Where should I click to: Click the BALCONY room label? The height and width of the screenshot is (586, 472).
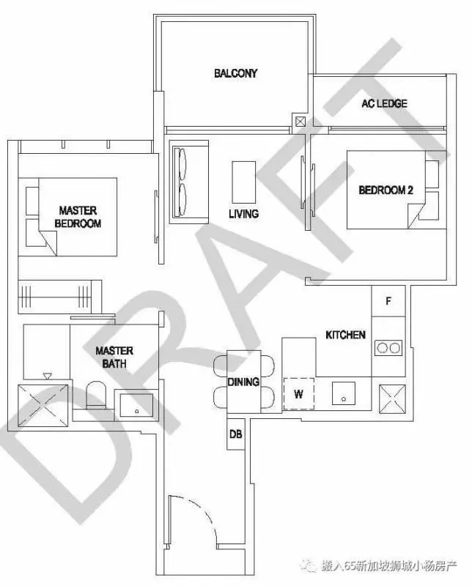pos(235,73)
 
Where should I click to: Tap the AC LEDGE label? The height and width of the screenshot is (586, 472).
pos(384,103)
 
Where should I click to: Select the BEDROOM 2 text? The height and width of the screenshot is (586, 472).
pos(386,190)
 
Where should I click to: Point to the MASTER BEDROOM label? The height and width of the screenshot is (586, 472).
pos(78,217)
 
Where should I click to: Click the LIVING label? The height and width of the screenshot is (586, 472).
pos(243,214)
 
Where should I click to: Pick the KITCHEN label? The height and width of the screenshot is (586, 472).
pos(345,335)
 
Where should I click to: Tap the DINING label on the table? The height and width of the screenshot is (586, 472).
pos(243,382)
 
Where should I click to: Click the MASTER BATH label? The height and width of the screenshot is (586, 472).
pos(114,357)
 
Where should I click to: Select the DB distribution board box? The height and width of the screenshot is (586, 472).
pos(235,434)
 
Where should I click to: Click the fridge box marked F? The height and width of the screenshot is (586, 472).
pos(388,301)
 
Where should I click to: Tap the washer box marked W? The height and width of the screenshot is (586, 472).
pos(298,394)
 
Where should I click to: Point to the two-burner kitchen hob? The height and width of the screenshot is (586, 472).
pos(388,348)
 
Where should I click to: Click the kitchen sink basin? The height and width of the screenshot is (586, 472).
pos(343,393)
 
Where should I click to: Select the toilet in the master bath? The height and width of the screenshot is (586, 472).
pos(96,395)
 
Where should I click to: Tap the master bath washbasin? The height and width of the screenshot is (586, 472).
pos(136,405)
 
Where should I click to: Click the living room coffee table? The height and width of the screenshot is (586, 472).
pos(244,182)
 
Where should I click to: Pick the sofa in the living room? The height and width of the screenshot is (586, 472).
pos(189,182)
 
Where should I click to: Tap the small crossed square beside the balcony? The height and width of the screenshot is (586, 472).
pos(300,122)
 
